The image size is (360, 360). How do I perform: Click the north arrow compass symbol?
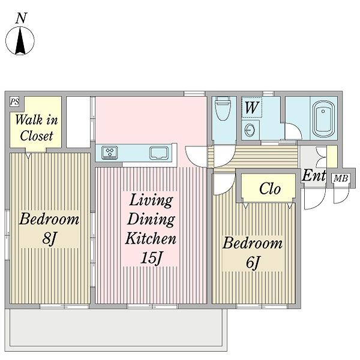[x=20, y=41]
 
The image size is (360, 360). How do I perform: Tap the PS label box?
[x=14, y=101]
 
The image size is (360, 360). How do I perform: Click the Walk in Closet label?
[x=36, y=128]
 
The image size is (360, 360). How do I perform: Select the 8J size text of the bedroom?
[x=49, y=239]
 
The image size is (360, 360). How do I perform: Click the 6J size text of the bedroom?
[x=253, y=262]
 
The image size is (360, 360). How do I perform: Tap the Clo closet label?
[x=270, y=189]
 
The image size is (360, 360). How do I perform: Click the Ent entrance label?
[x=314, y=176]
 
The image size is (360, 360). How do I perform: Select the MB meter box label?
[x=341, y=178]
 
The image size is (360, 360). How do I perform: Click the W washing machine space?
[x=252, y=107]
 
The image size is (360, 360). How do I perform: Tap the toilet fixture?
[x=224, y=109]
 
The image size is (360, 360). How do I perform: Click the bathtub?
[x=323, y=118]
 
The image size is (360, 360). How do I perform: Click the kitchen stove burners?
[x=110, y=152]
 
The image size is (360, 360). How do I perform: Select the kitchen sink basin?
[x=158, y=152]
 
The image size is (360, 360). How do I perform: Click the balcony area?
[x=116, y=329]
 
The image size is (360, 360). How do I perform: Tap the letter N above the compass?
[x=21, y=19]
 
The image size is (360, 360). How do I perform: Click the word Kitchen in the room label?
[x=151, y=239]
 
